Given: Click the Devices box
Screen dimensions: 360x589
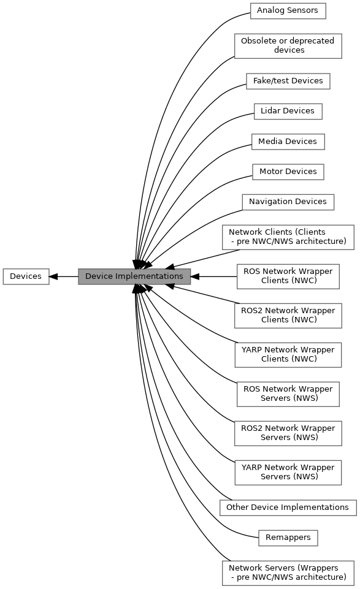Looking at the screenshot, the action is point(26,276).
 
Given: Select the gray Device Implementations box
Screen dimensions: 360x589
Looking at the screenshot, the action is point(134,276).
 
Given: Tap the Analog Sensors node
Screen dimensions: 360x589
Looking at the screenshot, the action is point(288,11).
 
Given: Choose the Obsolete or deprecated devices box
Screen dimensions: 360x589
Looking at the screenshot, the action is point(288,46).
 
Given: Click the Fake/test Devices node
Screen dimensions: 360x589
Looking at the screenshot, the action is point(288,81).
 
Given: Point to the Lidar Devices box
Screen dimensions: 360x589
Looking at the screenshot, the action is point(288,111).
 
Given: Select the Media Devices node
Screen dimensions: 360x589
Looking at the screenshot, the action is point(288,142).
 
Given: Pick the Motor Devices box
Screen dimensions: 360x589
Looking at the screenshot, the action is point(288,172).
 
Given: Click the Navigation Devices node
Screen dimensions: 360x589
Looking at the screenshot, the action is point(288,202).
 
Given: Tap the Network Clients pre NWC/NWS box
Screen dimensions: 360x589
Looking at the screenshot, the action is point(288,237).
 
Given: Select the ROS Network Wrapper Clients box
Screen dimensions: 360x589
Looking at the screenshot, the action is point(288,276).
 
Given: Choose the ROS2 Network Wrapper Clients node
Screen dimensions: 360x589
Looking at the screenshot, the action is point(288,316).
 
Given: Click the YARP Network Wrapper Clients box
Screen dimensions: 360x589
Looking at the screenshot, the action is point(288,355).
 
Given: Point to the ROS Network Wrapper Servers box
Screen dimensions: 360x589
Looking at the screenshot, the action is point(288,394).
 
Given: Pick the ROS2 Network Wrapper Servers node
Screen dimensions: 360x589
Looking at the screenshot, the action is point(288,433).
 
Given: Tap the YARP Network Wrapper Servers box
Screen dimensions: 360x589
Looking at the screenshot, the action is point(288,472).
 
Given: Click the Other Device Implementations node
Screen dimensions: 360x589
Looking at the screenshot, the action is point(288,507).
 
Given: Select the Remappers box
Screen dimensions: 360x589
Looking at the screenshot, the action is point(288,538).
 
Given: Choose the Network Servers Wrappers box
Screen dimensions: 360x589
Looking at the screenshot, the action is point(288,573).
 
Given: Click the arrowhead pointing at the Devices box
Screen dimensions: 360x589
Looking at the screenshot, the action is point(53,276).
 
